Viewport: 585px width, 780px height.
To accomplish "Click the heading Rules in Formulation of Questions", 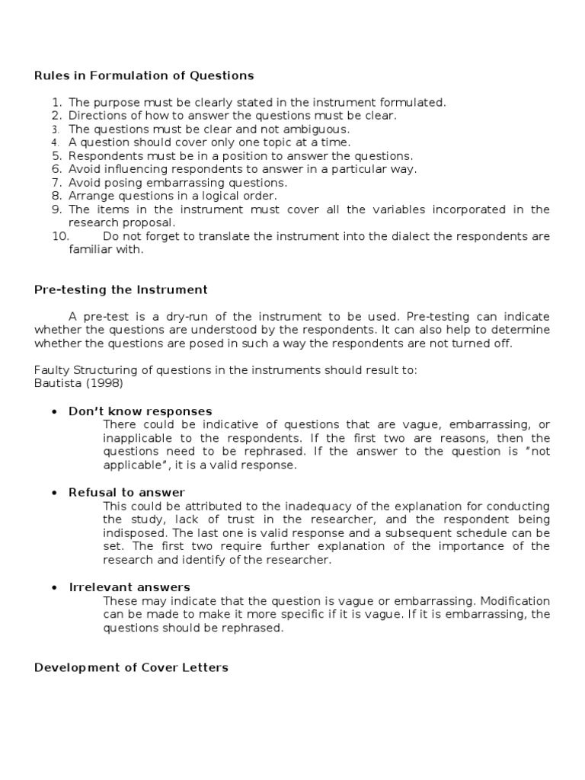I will point(144,75).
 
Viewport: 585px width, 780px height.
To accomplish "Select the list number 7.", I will point(56,183).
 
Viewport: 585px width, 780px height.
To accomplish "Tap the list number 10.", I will point(60,236).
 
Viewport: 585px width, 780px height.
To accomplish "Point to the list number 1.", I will point(56,102).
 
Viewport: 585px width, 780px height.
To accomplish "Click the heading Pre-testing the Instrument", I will point(121,289).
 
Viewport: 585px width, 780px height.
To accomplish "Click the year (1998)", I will point(107,383).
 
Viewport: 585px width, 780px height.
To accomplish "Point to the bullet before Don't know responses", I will point(54,411).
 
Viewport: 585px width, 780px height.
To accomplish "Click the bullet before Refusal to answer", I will point(54,493).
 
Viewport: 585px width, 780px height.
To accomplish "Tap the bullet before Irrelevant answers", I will point(54,587).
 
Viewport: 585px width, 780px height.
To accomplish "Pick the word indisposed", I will point(134,532).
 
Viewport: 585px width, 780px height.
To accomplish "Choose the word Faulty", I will point(51,370).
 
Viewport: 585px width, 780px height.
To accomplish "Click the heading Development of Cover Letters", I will point(131,667).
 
